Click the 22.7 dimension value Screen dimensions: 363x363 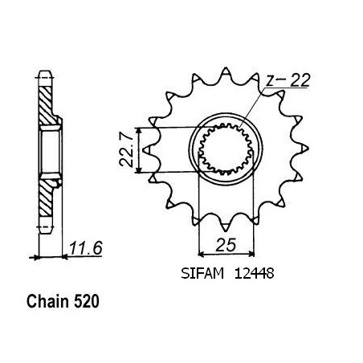pos(126,150)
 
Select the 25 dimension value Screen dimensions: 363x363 pos(226,245)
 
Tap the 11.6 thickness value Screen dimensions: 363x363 pos(86,248)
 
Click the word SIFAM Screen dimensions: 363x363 pos(202,274)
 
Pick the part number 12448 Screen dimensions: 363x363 pos(254,274)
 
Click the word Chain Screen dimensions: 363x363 pos(47,302)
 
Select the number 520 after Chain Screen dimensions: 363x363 pos(87,302)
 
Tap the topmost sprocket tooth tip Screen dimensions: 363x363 pos(226,67)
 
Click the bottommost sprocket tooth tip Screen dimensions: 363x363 pos(226,231)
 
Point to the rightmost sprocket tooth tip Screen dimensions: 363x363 pos(308,148)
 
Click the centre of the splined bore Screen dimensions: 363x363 pos(226,149)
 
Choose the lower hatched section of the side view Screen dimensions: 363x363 pos(46,198)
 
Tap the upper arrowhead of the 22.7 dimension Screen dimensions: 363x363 pos(138,130)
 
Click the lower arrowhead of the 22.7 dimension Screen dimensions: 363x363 pos(138,170)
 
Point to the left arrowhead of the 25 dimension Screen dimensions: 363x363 pos(201,253)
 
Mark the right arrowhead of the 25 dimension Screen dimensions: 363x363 pos(251,253)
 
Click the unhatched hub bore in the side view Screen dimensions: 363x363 pos(50,152)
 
